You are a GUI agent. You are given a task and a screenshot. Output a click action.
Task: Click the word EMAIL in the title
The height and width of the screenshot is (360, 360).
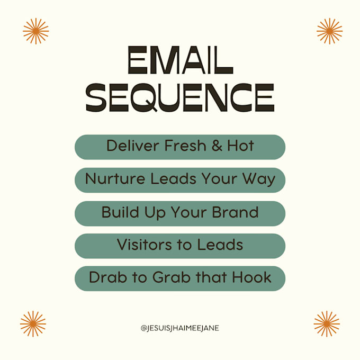[180, 62]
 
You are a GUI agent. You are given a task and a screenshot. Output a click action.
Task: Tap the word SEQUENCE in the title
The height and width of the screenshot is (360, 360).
[180, 98]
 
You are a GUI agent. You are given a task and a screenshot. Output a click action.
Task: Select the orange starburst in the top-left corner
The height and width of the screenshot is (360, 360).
[35, 31]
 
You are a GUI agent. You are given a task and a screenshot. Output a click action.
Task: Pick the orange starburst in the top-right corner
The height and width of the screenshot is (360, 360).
[329, 31]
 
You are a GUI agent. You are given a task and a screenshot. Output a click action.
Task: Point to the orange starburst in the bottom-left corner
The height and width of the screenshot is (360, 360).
[33, 324]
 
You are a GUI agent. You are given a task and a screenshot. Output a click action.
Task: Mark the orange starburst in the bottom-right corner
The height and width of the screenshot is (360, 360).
[327, 324]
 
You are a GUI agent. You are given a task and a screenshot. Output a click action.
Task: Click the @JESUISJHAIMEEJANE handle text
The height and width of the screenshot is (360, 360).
[180, 328]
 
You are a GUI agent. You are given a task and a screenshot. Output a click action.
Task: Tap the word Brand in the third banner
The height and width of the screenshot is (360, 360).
[236, 212]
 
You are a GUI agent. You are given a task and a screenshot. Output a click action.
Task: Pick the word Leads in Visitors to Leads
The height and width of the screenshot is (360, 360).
[221, 245]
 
